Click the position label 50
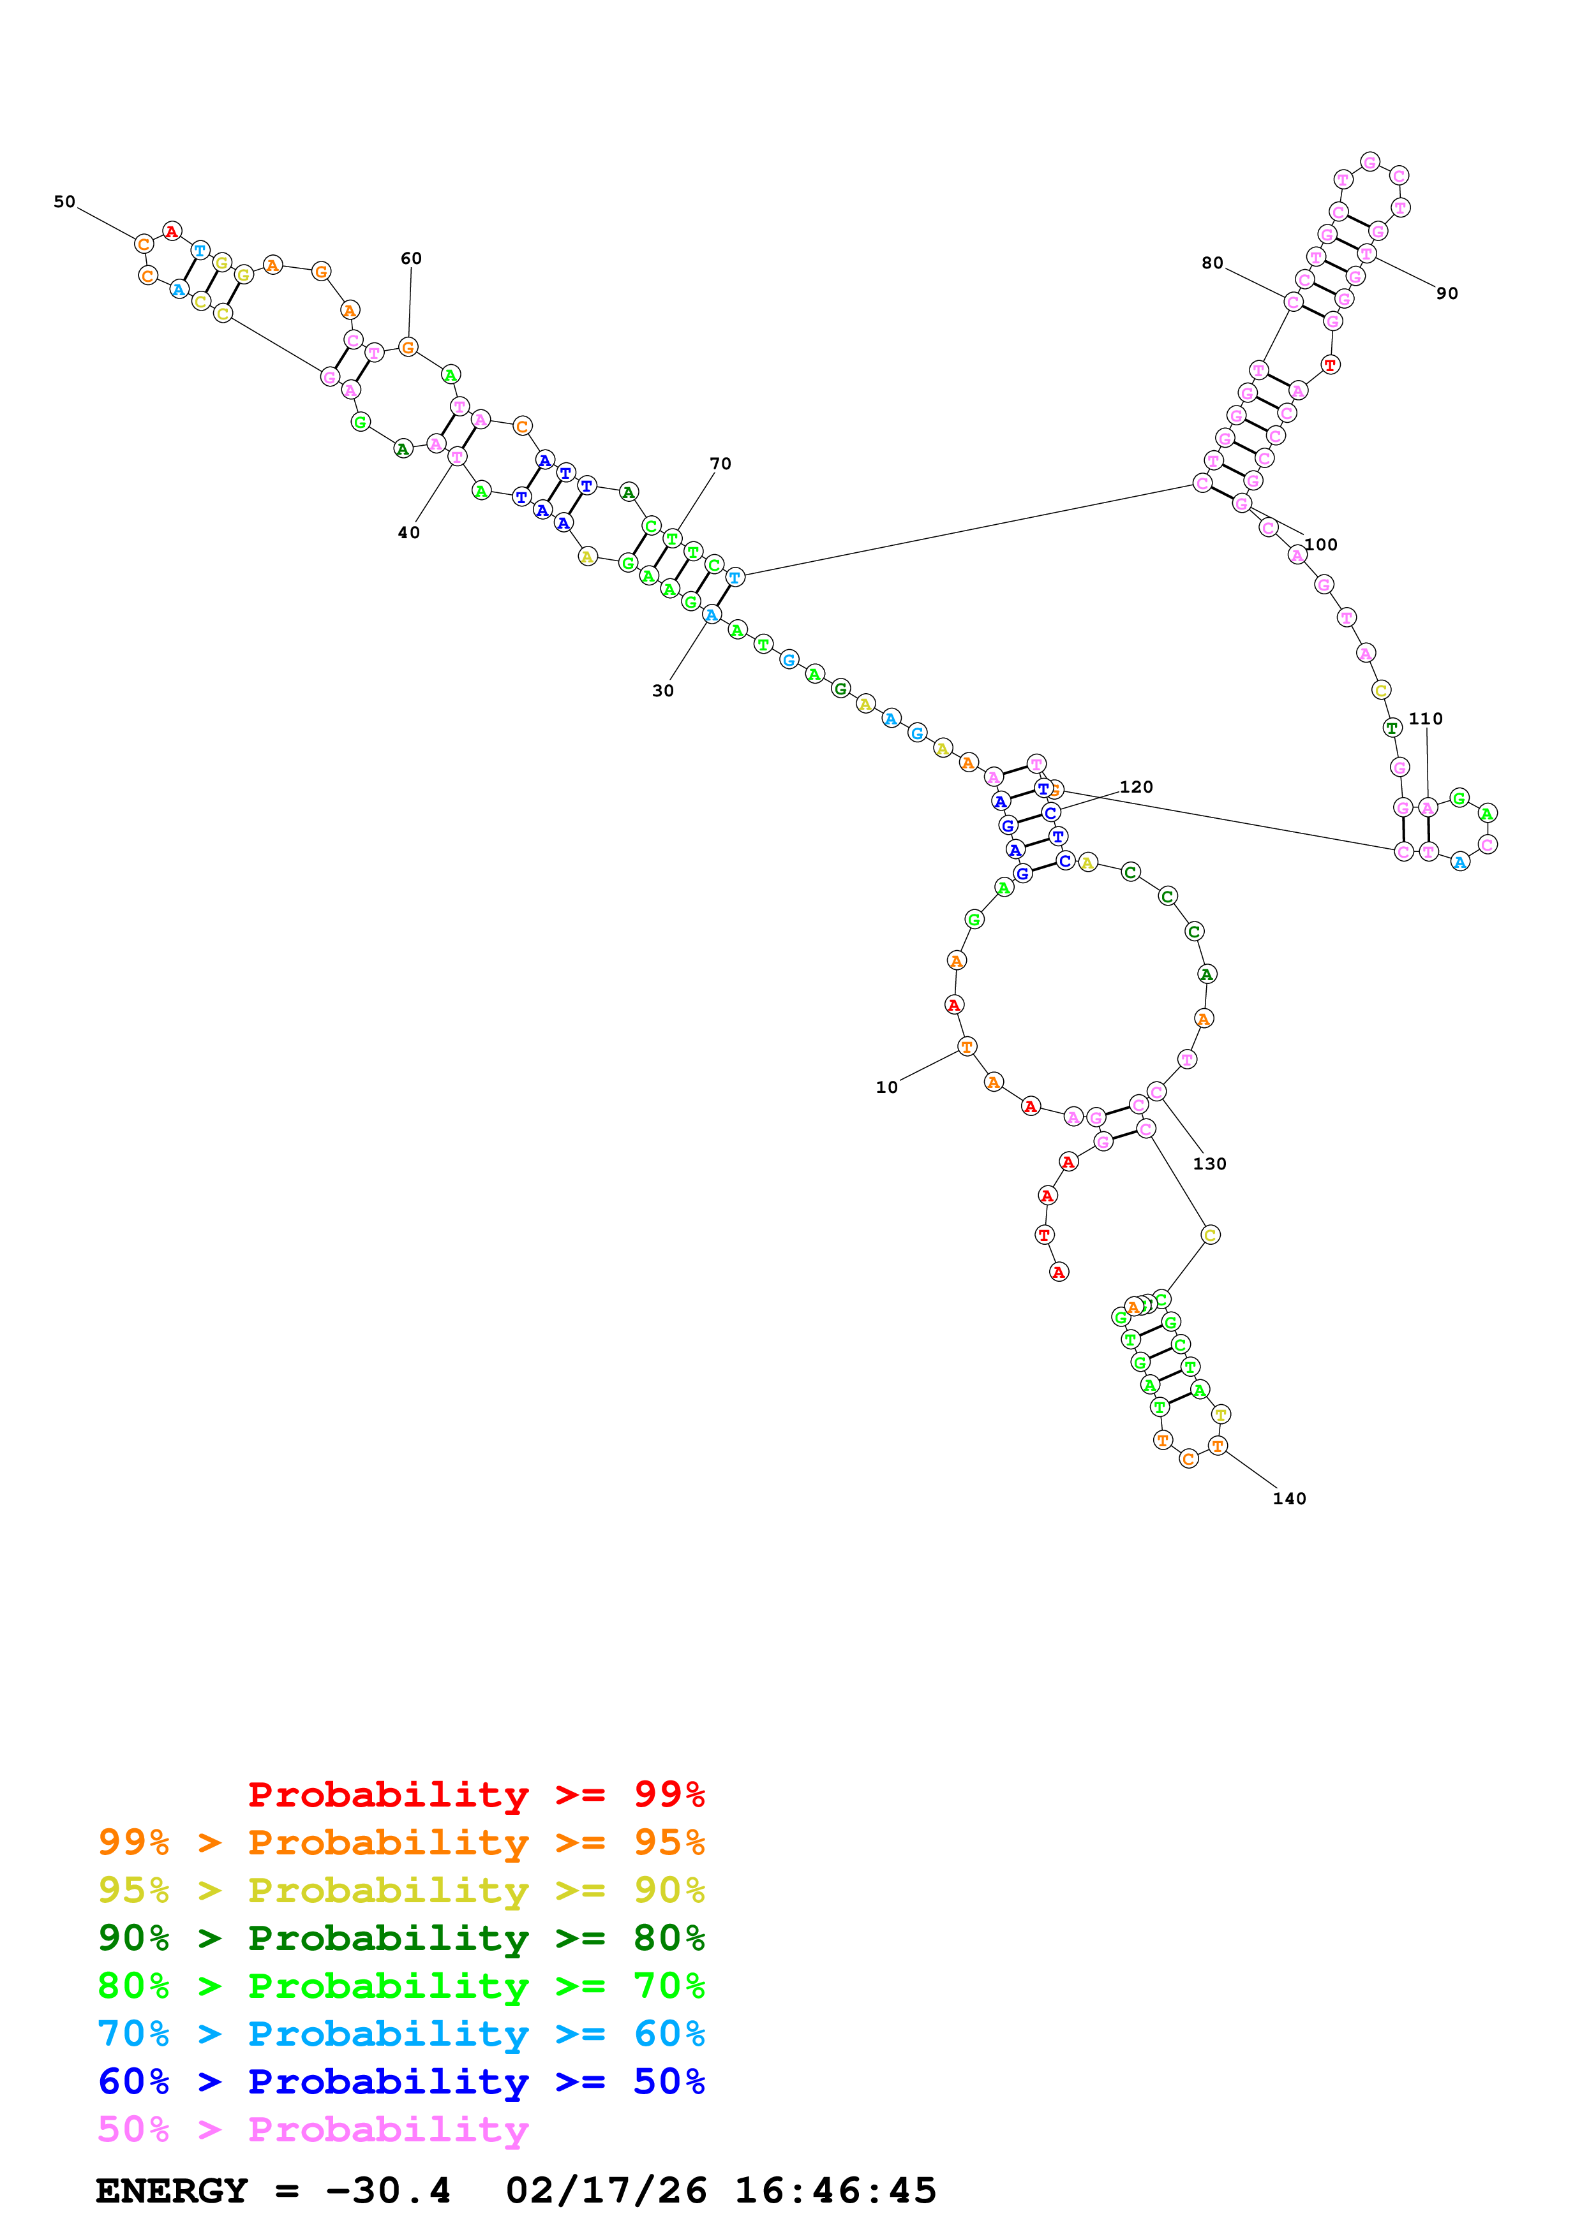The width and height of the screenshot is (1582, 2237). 64,202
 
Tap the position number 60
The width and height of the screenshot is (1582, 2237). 412,258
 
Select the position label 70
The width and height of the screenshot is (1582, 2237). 720,464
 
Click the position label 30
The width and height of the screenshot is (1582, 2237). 663,691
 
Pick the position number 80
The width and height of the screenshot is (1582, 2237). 1212,263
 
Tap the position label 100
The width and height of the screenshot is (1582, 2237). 1321,545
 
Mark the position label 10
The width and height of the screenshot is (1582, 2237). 886,1087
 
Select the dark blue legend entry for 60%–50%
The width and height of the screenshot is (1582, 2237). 401,2082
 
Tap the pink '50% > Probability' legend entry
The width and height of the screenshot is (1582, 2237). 313,2130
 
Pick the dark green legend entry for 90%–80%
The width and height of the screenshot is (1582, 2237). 401,1938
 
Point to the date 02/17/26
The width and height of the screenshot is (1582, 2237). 606,2191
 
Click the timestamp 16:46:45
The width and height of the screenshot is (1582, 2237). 835,2191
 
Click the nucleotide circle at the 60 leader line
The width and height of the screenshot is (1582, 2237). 408,347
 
